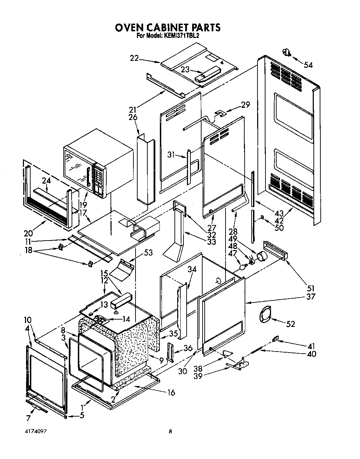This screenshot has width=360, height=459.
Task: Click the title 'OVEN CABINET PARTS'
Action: tap(167, 27)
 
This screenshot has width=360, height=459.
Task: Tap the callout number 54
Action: tap(308, 65)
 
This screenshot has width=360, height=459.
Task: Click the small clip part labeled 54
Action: tap(287, 53)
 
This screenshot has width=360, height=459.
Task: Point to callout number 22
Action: tap(134, 58)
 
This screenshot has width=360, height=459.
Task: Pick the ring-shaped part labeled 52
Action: tap(266, 315)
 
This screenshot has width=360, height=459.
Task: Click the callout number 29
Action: tap(245, 104)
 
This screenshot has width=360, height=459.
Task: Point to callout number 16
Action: tap(171, 393)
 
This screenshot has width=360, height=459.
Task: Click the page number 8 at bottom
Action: tap(170, 432)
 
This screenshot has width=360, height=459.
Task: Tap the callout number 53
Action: tap(148, 253)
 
